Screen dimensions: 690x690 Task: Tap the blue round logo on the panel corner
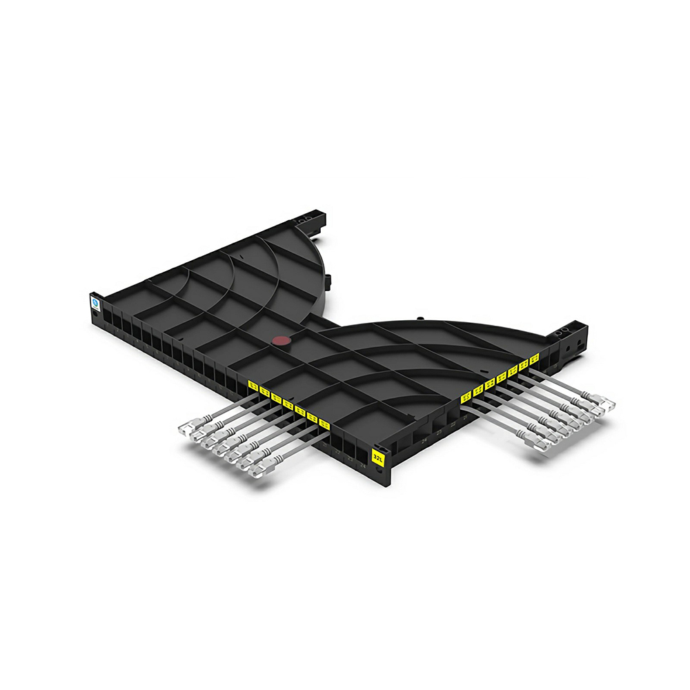click(x=94, y=302)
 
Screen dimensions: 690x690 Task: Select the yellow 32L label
click(x=378, y=455)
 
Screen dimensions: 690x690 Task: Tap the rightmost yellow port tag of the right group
click(x=534, y=359)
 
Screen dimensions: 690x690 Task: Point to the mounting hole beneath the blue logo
click(x=94, y=315)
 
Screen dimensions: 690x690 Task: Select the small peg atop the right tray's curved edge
click(x=419, y=319)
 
